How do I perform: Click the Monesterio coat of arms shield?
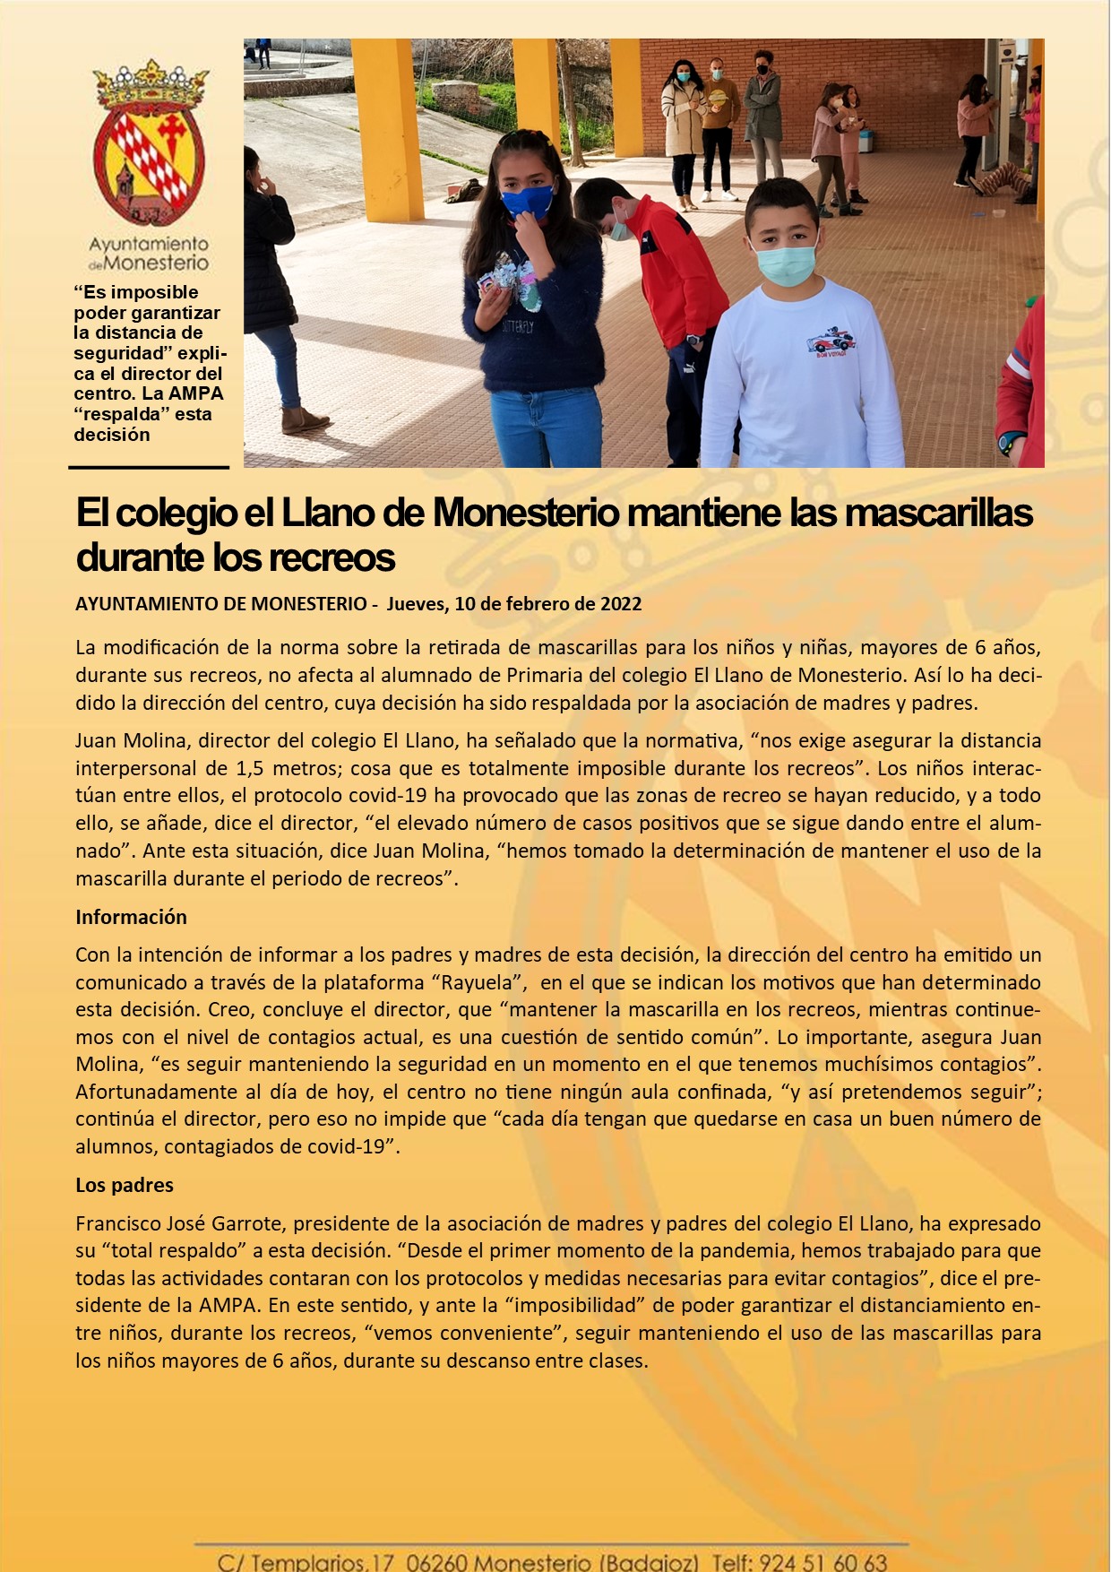(149, 166)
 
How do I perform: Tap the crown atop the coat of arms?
(151, 85)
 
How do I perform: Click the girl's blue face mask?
(527, 201)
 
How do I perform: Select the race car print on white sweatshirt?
(831, 341)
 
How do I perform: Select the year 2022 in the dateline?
(621, 604)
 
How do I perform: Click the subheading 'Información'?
(131, 917)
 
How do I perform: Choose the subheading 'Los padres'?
(125, 1185)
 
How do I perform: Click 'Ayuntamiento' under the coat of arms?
(149, 244)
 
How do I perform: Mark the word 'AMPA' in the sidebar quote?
(195, 393)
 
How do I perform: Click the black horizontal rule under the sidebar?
(149, 467)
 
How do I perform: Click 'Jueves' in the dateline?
(416, 604)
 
